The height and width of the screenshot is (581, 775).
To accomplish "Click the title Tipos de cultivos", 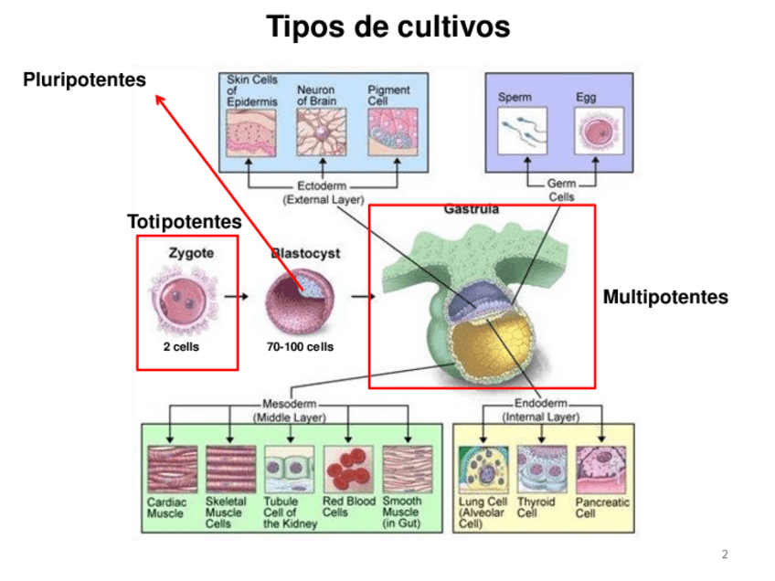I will [387, 27].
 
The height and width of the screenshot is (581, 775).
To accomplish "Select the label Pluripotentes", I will [84, 80].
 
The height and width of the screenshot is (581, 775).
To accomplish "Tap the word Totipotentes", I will [184, 222].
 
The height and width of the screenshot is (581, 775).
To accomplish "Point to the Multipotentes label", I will [665, 297].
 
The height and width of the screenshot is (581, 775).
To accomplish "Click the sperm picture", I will [523, 130].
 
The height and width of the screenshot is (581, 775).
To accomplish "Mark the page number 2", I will [725, 555].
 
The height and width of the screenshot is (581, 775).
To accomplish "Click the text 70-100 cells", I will [300, 347].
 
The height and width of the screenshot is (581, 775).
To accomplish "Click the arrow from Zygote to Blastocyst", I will [236, 296].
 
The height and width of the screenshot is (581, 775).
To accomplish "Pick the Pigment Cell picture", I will [391, 133].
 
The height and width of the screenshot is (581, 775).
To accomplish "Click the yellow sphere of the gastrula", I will [484, 352].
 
